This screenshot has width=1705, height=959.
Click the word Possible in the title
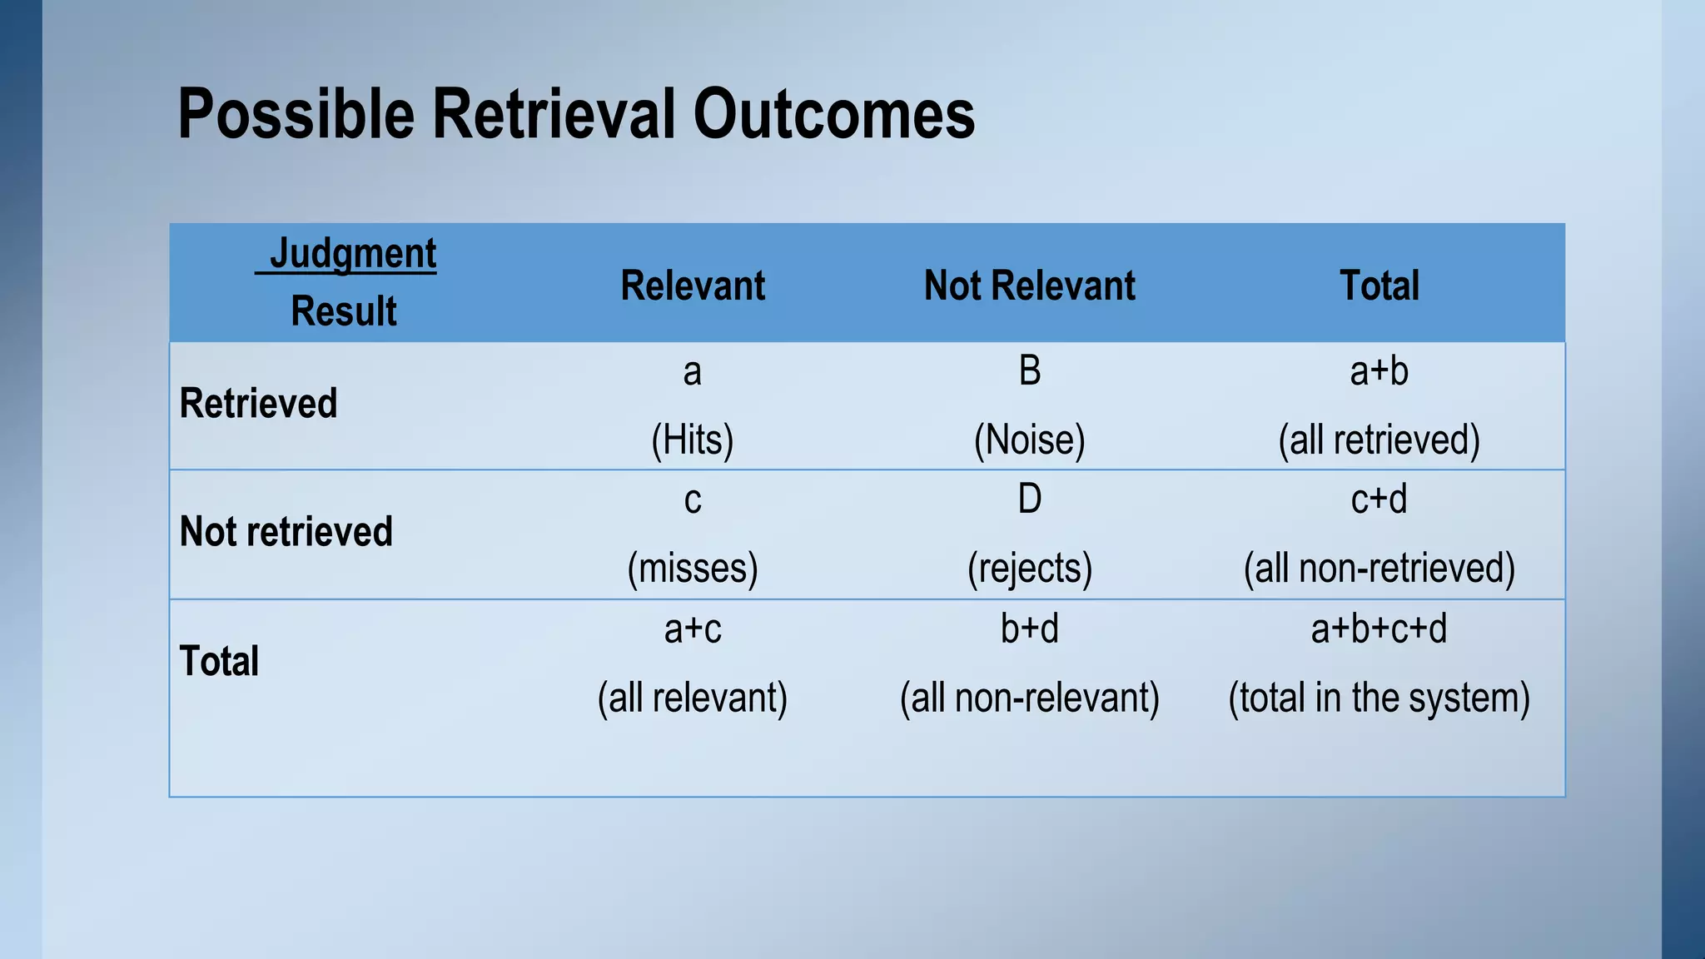(296, 114)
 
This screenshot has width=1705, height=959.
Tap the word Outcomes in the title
(833, 114)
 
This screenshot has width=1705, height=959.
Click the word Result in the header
(344, 311)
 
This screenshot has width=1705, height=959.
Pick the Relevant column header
(693, 286)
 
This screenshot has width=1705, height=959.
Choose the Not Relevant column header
(1029, 286)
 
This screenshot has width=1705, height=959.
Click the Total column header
(1379, 286)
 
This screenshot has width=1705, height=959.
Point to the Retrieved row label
(258, 404)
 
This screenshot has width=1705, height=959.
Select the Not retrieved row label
(286, 532)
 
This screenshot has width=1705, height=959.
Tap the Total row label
(219, 661)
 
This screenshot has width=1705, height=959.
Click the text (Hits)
(693, 440)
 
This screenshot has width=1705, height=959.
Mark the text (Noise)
(1029, 440)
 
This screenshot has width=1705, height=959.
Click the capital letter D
(1030, 499)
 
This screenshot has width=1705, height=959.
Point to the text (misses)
(693, 569)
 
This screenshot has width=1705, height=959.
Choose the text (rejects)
(1029, 569)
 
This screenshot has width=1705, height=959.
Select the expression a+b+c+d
(1379, 629)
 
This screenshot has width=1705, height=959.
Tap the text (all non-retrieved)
(1379, 569)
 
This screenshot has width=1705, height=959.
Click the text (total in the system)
(1379, 698)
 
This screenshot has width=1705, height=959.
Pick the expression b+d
(1029, 629)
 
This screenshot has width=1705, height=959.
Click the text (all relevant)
(693, 698)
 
